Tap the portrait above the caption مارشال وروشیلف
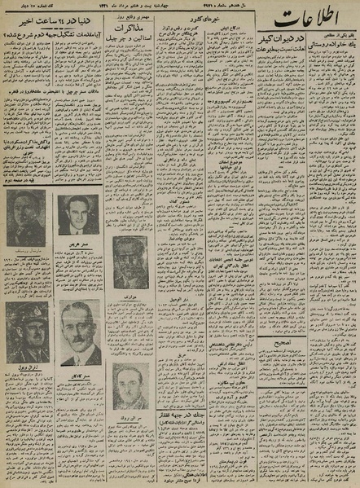pyautogui.click(x=26, y=219)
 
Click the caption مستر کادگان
pyautogui.click(x=80, y=370)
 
